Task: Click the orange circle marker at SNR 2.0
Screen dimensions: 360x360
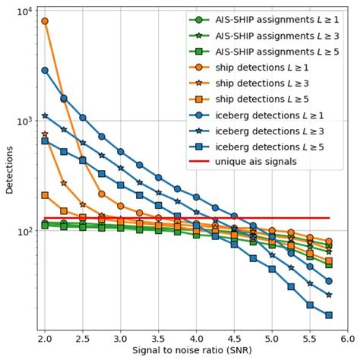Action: pos(45,21)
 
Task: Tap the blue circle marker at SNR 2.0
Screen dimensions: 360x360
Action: pos(45,70)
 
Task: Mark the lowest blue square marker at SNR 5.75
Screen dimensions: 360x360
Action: pos(329,315)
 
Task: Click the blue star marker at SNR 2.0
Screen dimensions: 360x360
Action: pos(45,115)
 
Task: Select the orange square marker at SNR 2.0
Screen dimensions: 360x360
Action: pos(45,195)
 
